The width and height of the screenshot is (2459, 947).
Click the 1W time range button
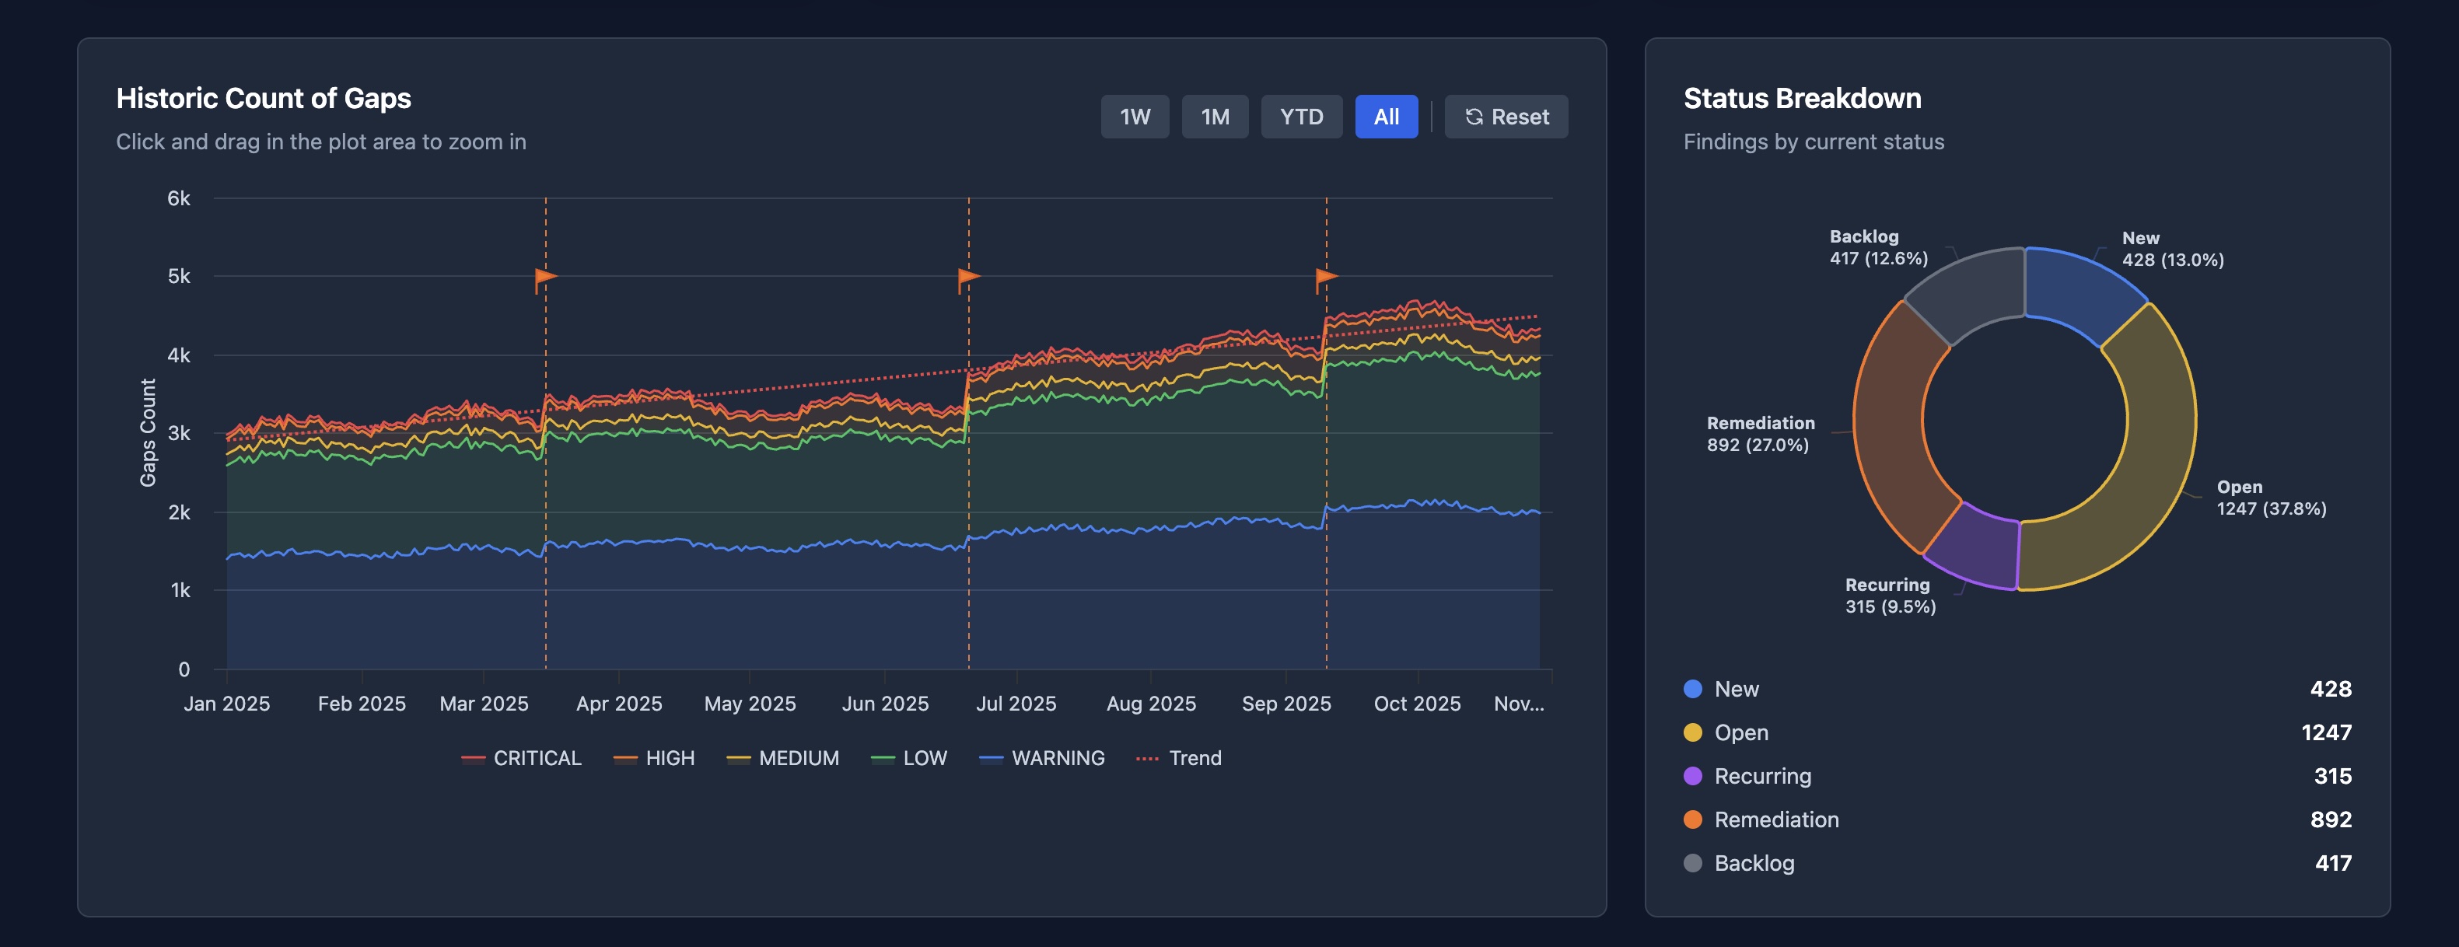(x=1134, y=117)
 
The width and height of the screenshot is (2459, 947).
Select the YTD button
(x=1300, y=117)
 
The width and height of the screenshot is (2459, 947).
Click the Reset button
(x=1506, y=117)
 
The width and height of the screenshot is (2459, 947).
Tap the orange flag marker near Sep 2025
(x=1326, y=279)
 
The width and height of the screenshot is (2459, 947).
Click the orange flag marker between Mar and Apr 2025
(x=545, y=279)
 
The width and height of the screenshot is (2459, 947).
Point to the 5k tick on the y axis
(x=179, y=277)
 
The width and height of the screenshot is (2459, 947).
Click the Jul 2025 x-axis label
(x=1016, y=704)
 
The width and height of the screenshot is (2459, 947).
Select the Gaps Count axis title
(x=148, y=432)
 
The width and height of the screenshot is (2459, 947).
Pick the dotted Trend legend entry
(x=1179, y=758)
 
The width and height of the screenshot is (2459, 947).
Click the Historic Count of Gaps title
(x=264, y=98)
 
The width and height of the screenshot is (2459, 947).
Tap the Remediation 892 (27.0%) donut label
(x=1759, y=433)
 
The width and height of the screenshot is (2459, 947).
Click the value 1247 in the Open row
(x=2325, y=732)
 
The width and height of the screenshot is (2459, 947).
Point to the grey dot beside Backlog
(x=1692, y=863)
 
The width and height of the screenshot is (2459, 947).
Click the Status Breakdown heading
(x=1801, y=98)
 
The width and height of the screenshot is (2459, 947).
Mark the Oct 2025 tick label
(x=1417, y=704)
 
